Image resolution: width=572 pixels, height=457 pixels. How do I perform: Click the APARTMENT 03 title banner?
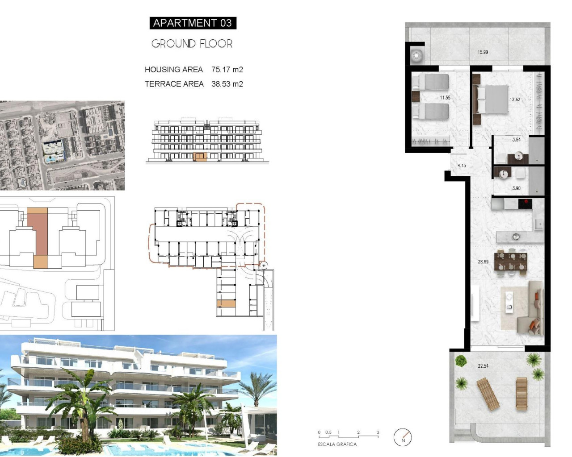click(x=193, y=23)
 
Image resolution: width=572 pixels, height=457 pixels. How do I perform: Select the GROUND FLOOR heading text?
click(x=192, y=44)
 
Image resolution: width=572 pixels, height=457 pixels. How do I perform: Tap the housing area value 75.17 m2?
click(x=227, y=70)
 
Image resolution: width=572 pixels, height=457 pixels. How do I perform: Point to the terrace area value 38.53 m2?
click(x=227, y=84)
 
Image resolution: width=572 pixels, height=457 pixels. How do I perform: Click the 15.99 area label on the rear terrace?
click(x=483, y=52)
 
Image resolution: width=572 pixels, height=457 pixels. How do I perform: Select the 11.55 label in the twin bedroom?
click(x=445, y=98)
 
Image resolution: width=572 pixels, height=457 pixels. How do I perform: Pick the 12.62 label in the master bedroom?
click(x=515, y=100)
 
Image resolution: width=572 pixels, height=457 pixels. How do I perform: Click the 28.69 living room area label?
click(x=483, y=262)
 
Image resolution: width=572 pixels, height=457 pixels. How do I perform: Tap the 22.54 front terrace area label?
click(x=483, y=366)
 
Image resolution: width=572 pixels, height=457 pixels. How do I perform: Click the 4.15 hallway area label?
click(x=462, y=166)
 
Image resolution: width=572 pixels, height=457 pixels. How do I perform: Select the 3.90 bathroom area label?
click(x=516, y=188)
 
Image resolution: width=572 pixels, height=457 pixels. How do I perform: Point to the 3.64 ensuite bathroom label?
click(x=516, y=140)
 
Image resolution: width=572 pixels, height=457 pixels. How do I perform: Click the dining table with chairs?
click(x=511, y=262)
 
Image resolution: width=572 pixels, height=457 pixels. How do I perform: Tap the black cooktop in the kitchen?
click(x=525, y=204)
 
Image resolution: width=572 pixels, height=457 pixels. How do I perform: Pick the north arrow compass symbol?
click(x=403, y=437)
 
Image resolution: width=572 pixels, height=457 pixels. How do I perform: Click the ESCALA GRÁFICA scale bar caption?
click(x=337, y=445)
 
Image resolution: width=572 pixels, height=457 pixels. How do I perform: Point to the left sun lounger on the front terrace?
click(x=487, y=394)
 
